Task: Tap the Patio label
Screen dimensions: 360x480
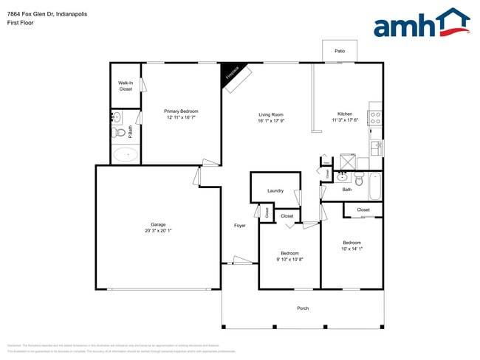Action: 340,52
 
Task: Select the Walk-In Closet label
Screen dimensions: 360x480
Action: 126,86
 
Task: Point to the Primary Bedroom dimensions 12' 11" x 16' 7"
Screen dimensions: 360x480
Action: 182,117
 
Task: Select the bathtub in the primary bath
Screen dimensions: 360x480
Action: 126,155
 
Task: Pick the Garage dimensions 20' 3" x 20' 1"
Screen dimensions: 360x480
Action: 158,230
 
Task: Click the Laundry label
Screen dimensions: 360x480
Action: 275,191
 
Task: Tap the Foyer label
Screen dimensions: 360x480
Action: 240,225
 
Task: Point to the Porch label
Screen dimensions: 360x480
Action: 303,308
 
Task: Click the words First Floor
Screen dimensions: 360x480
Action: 20,23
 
